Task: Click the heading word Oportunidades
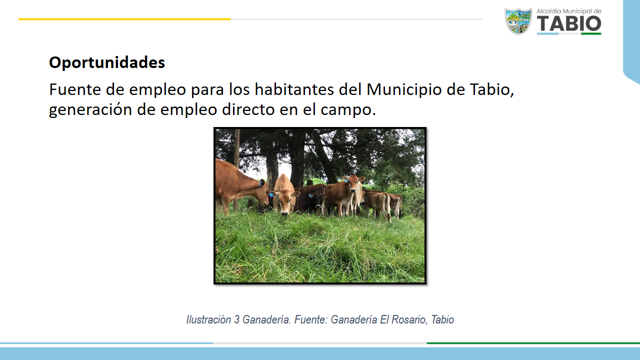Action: coord(107,63)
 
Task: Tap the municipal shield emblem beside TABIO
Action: coord(518,21)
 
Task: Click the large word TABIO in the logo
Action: coord(569,23)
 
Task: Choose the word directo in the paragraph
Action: coord(248,109)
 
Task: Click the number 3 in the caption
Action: coord(236,319)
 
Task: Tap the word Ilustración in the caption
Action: coord(208,319)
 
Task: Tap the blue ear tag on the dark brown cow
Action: coord(310,196)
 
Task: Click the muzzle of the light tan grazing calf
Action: coord(285,212)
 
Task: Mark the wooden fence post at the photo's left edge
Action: coord(236,168)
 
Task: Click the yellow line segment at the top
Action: coord(124,19)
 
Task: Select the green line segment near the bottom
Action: coord(533,343)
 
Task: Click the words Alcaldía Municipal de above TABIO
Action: coord(569,11)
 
